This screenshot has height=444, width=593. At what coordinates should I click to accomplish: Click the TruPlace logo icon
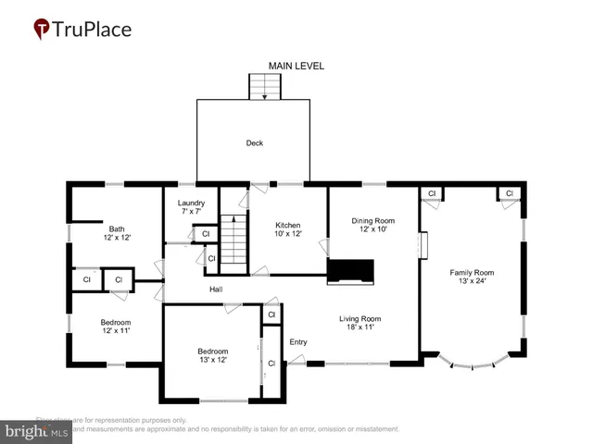tap(43, 29)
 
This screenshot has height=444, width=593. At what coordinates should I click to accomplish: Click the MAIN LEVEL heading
tap(296, 66)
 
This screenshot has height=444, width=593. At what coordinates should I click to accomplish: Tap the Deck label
tap(254, 142)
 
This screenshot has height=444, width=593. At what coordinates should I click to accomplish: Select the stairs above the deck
tap(265, 86)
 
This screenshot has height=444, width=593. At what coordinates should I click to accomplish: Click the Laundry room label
tap(191, 203)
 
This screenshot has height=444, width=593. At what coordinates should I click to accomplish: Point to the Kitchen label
tap(288, 225)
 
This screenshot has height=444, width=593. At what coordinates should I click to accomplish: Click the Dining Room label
tap(372, 220)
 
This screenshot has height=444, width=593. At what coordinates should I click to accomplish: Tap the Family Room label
tap(472, 272)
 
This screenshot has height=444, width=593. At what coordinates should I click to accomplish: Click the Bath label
tap(117, 229)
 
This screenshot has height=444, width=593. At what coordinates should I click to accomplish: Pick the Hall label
tap(215, 290)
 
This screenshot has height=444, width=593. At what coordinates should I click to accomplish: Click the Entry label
tap(297, 342)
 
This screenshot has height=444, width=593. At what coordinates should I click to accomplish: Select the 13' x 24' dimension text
tap(472, 281)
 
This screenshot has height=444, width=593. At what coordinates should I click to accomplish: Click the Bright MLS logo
tap(37, 431)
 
